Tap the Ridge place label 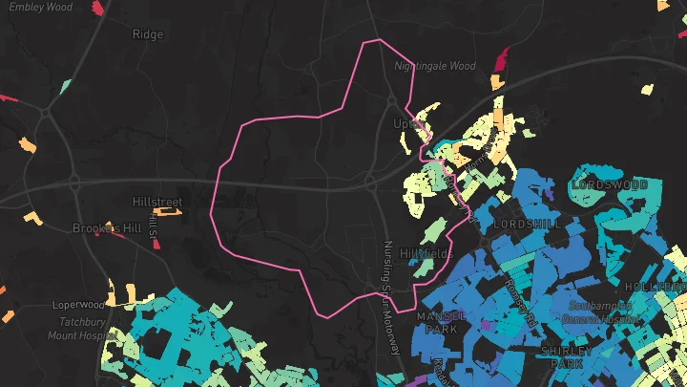(148, 34)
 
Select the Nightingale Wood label (434, 67)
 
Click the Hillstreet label (156, 202)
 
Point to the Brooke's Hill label (106, 228)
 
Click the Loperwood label (77, 305)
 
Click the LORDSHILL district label (529, 223)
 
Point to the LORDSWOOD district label (610, 184)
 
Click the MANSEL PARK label (440, 322)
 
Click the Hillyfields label (427, 253)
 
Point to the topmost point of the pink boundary (379, 39)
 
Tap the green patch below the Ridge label (65, 87)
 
